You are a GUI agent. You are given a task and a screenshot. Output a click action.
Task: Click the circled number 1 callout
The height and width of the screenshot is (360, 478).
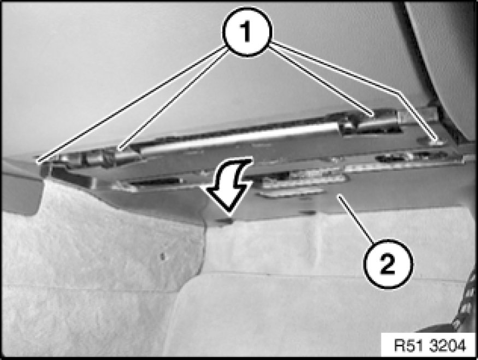(247, 32)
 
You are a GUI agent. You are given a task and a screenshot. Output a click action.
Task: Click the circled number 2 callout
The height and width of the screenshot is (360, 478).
(388, 264)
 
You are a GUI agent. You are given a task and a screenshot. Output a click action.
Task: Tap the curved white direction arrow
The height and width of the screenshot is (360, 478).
(232, 185)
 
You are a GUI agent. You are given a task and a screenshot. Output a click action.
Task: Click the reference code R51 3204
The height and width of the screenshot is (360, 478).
(430, 346)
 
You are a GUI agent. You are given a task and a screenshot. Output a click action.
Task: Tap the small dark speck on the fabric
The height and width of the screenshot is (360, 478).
(163, 256)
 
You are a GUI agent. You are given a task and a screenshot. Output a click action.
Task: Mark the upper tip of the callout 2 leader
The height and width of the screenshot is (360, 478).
(340, 197)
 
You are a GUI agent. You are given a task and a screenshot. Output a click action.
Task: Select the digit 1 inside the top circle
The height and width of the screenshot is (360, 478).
(246, 32)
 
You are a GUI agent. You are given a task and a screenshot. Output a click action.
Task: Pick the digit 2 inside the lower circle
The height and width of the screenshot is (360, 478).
(387, 264)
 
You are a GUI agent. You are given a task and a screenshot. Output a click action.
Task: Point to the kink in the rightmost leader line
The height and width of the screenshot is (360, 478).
(398, 92)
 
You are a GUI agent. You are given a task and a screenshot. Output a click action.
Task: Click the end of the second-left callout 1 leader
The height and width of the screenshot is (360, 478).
(120, 149)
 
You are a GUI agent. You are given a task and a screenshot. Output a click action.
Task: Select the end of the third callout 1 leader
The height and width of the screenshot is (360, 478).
(373, 116)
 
